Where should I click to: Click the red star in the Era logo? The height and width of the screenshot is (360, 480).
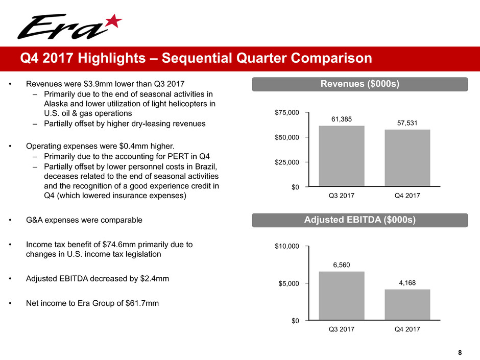pos(114,21)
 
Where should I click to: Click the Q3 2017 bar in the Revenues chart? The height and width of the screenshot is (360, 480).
pos(342,156)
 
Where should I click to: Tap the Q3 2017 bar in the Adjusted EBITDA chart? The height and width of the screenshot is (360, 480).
pos(342,296)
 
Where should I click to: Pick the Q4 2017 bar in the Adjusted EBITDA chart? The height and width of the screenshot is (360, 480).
pos(407,305)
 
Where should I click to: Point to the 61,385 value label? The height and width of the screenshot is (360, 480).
pos(342,119)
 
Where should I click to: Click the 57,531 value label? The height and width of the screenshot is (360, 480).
pos(407,123)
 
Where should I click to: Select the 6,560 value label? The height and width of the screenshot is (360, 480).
pos(342,264)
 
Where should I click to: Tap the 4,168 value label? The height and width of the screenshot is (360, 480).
pos(407,282)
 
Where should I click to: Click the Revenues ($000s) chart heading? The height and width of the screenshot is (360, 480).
pos(359,84)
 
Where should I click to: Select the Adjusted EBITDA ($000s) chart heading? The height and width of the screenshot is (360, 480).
pos(359,220)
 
